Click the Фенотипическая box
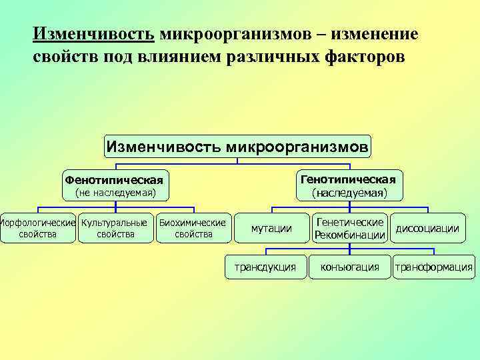tap(114, 181)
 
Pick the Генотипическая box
tap(348, 179)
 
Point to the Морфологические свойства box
tap(37, 228)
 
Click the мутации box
tap(271, 229)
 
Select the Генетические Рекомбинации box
tap(350, 229)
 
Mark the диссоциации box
tap(427, 229)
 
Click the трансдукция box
tap(265, 267)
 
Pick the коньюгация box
tap(350, 267)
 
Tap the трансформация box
tap(434, 267)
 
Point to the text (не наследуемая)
tap(115, 193)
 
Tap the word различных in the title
tap(260, 57)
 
